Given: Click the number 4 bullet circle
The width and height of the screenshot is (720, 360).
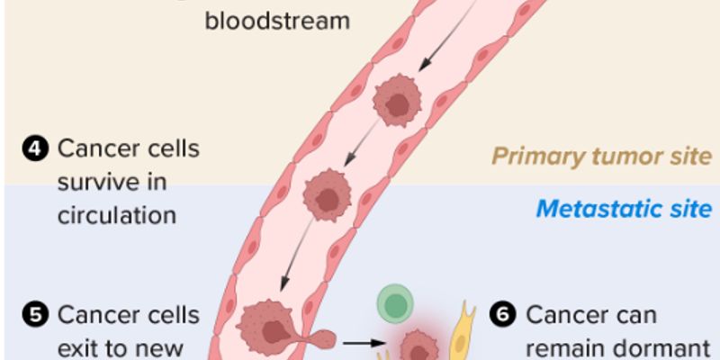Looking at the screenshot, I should click(35, 148).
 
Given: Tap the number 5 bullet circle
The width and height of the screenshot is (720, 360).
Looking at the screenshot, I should click(35, 316).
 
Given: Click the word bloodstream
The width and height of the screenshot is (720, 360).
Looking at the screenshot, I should click(277, 20).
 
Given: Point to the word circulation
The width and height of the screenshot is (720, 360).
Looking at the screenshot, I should click(116, 216).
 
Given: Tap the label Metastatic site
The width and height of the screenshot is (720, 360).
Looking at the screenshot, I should click(624, 210).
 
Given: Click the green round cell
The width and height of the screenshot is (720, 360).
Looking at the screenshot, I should click(393, 303).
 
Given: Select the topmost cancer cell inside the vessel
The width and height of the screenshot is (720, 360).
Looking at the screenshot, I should click(397, 102).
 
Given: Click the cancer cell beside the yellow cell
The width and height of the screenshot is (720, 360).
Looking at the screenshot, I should click(418, 346).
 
